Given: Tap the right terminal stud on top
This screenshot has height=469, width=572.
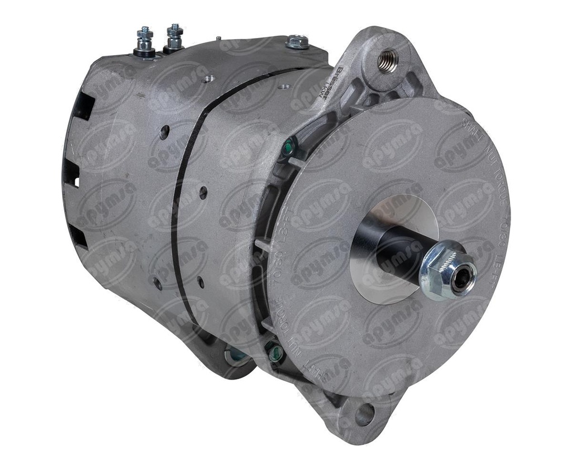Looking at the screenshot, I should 174,37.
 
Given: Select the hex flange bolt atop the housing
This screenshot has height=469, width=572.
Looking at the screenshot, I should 297,42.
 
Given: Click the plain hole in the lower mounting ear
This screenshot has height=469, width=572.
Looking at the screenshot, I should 364,414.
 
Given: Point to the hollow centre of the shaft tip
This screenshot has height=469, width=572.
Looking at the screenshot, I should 461,279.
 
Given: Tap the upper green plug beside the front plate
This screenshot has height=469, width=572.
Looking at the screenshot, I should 288,149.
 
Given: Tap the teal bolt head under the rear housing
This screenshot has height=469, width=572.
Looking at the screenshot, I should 235,354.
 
